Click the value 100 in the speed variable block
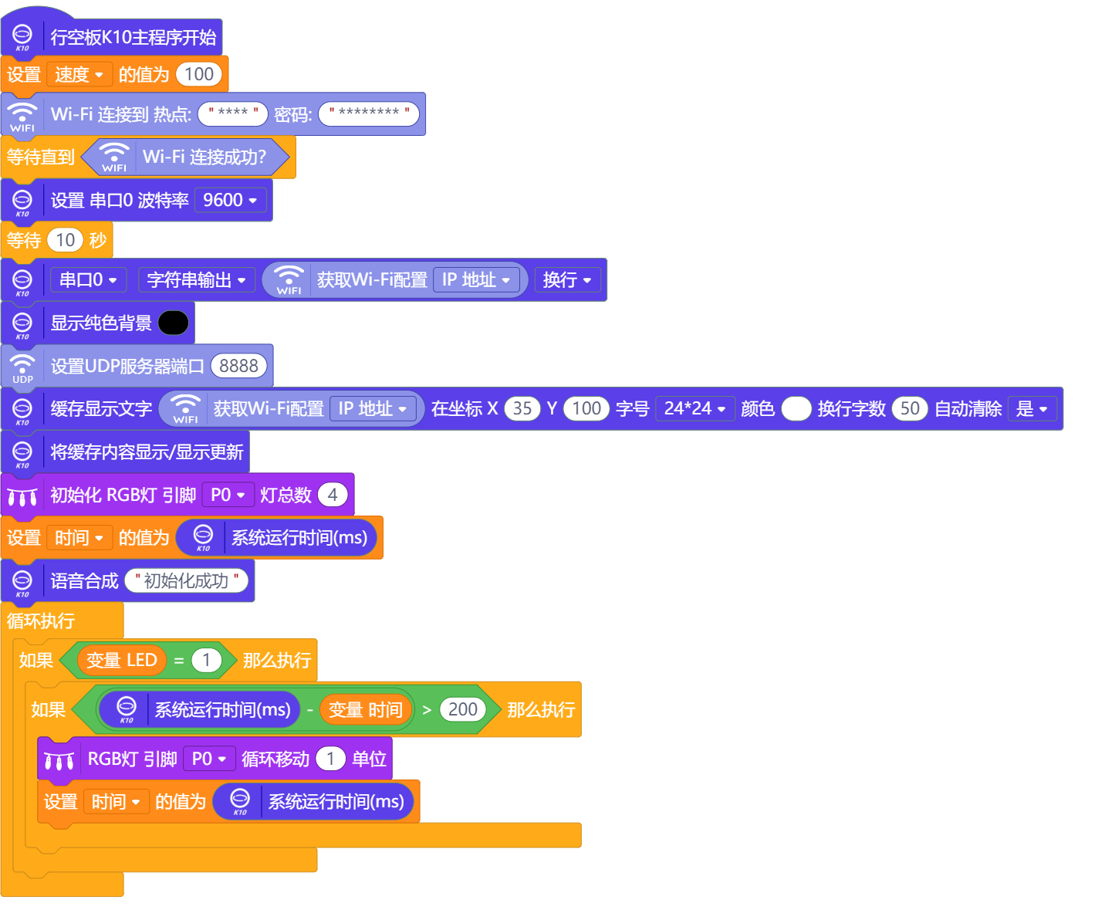pos(198,74)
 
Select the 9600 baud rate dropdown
pos(230,200)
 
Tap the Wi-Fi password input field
pos(369,113)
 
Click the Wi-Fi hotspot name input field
pos(233,113)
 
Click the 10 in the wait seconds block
pos(65,240)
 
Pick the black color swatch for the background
pos(173,323)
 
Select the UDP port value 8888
pos(238,366)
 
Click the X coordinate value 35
pos(522,408)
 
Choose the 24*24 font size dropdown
pos(694,408)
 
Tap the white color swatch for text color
pos(796,408)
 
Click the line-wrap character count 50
pos(910,408)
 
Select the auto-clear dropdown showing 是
pos(1032,408)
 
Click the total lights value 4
pos(333,495)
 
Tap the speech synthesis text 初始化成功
pos(186,581)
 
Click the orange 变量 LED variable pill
pos(122,660)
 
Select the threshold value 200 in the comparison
pos(462,709)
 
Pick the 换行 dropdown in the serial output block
pos(567,280)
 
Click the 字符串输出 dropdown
pos(196,280)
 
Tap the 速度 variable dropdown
pos(79,74)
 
